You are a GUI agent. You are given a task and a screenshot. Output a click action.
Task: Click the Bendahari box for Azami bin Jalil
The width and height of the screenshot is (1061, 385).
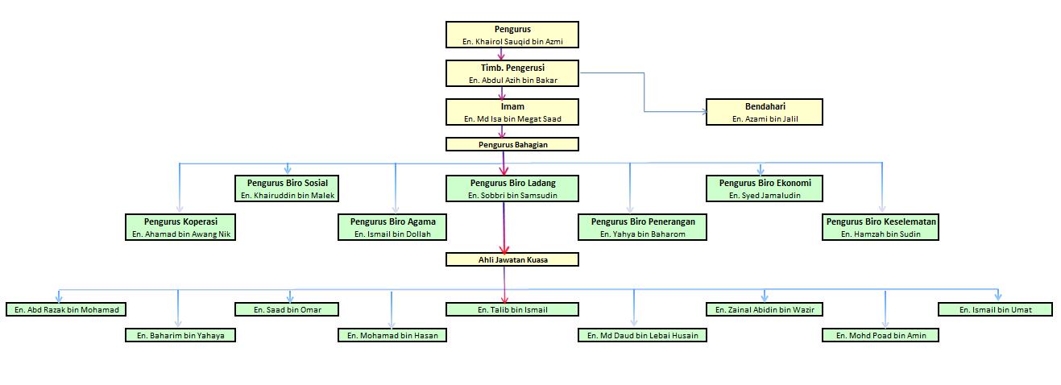(x=765, y=112)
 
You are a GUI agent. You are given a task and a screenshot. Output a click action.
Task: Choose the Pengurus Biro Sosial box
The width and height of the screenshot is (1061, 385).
(x=288, y=188)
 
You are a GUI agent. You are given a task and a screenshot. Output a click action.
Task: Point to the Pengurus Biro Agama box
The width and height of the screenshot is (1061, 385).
(x=392, y=227)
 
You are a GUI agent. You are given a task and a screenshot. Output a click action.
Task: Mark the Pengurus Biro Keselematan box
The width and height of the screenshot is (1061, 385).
(x=881, y=227)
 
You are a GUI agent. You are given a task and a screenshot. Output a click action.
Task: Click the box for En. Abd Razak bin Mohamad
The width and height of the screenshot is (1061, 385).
(x=67, y=309)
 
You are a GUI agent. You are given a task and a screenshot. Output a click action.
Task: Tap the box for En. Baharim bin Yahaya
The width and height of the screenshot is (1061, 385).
(x=180, y=335)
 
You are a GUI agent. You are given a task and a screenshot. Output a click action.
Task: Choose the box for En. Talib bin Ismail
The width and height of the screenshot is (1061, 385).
(x=512, y=309)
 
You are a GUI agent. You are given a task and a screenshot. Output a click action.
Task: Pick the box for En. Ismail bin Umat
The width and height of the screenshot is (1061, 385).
(x=996, y=309)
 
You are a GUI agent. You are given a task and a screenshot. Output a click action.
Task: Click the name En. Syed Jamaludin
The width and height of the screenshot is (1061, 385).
(x=765, y=196)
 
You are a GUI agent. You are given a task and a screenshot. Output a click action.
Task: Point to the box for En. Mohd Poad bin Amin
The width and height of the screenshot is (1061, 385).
(x=881, y=335)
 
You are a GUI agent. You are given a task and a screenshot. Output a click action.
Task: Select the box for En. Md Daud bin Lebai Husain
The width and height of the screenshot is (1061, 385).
(x=643, y=335)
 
